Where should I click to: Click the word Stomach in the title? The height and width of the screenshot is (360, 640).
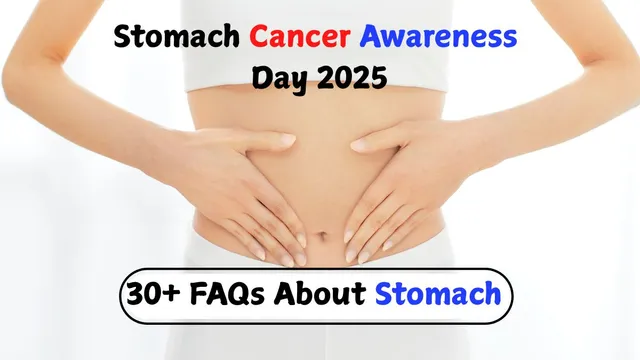click(176, 38)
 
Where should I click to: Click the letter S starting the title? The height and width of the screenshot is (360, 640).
click(124, 38)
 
